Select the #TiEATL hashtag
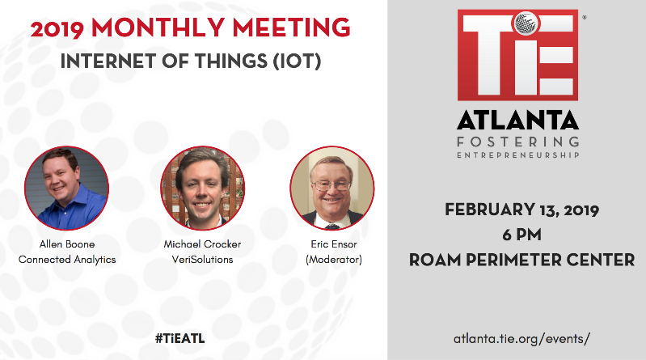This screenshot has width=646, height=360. pyautogui.click(x=180, y=338)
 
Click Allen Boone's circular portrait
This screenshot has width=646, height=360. pyautogui.click(x=67, y=188)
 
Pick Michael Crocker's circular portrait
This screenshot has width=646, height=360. pyautogui.click(x=202, y=188)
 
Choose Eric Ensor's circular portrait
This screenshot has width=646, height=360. pyautogui.click(x=332, y=188)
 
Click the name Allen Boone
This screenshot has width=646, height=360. pyautogui.click(x=67, y=244)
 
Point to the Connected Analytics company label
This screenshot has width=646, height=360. pyautogui.click(x=67, y=260)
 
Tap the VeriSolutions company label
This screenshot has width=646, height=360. pyautogui.click(x=202, y=260)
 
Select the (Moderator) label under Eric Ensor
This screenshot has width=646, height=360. pyautogui.click(x=334, y=260)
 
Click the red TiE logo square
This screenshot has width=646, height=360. pyautogui.click(x=518, y=55)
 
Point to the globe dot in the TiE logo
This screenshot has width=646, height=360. pyautogui.click(x=526, y=23)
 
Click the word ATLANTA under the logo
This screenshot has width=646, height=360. pyautogui.click(x=518, y=120)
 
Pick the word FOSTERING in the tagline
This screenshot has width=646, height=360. pyautogui.click(x=518, y=142)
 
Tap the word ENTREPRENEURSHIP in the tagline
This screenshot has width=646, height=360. pyautogui.click(x=518, y=155)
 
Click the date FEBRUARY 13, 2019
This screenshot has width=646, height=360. pyautogui.click(x=522, y=210)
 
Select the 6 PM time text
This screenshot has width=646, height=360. pyautogui.click(x=522, y=235)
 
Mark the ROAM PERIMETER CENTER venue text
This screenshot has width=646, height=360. pyautogui.click(x=522, y=260)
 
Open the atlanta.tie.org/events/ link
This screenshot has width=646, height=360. pyautogui.click(x=522, y=339)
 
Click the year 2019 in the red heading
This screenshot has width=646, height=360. pyautogui.click(x=57, y=30)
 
